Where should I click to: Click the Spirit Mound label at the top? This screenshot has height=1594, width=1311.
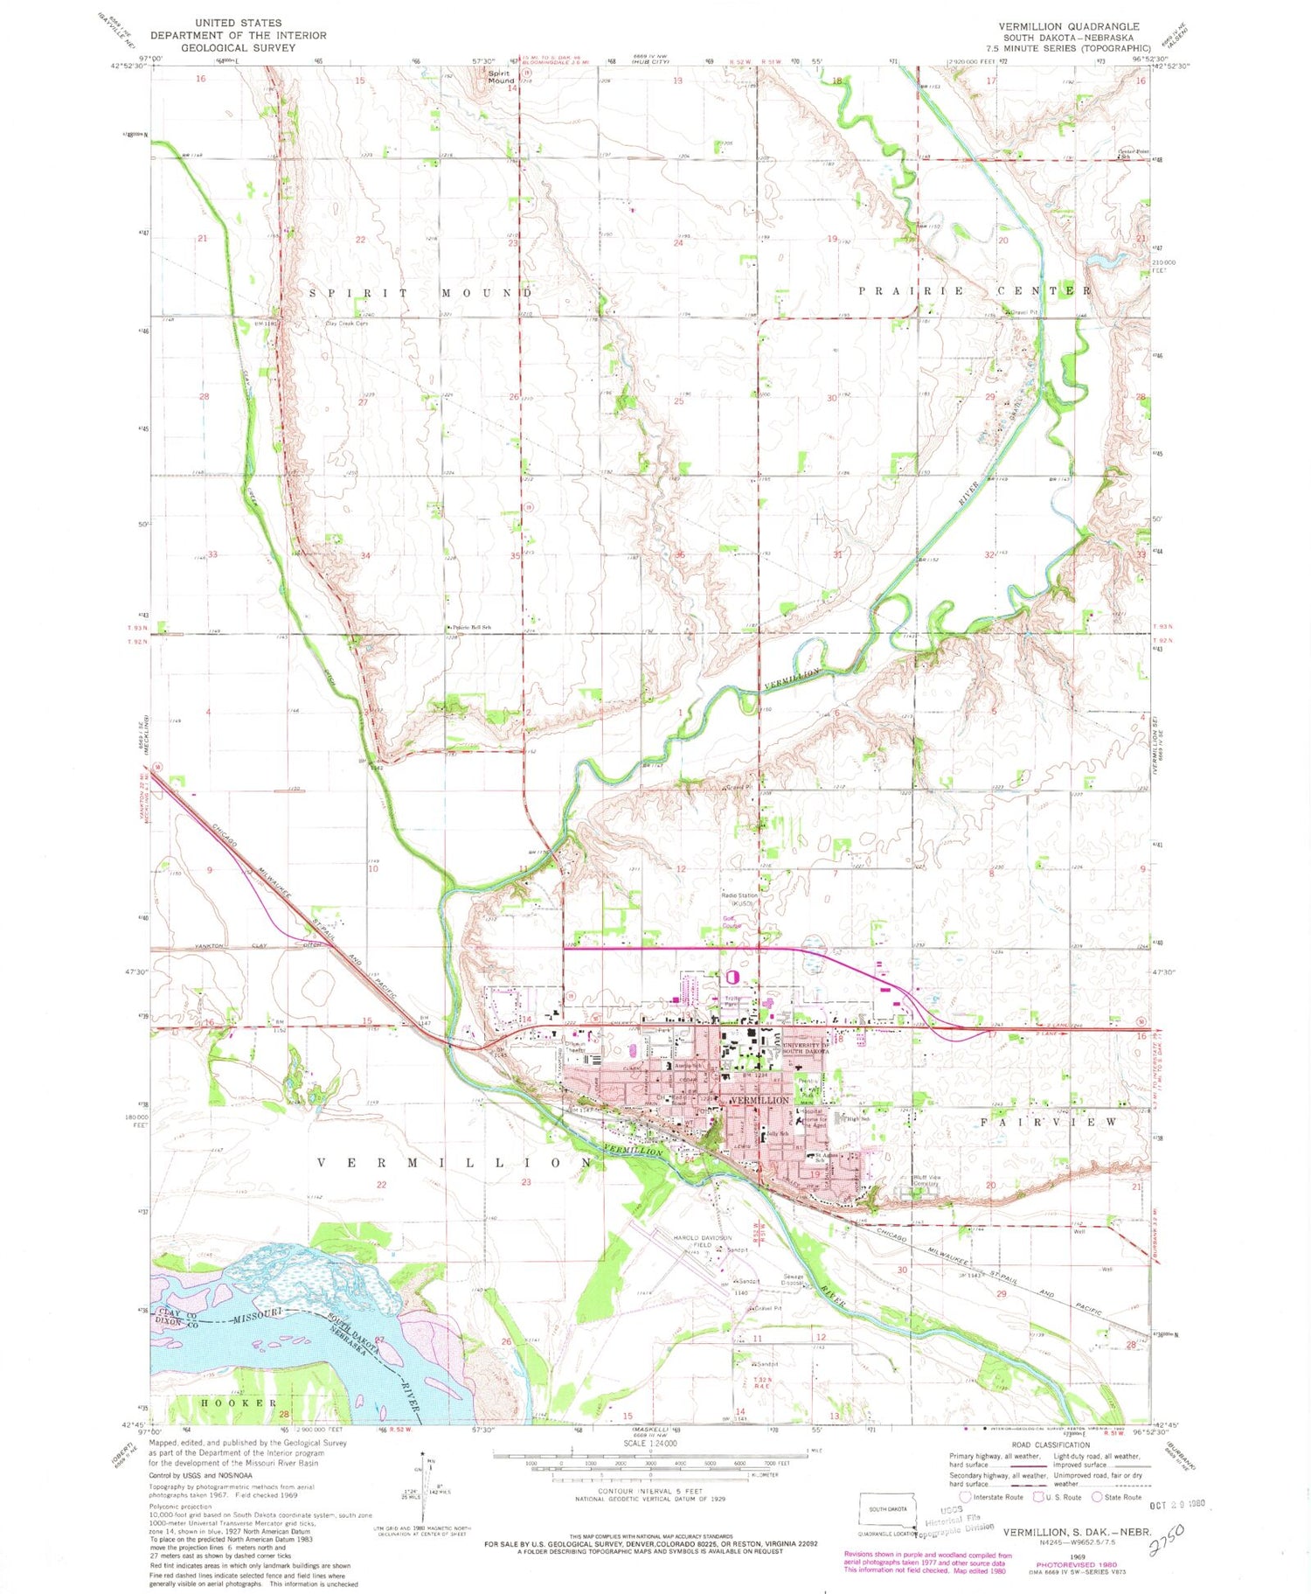tap(501, 77)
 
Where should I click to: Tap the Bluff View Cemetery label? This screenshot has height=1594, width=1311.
tap(926, 1181)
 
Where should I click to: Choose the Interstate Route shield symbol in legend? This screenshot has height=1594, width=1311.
tap(965, 1496)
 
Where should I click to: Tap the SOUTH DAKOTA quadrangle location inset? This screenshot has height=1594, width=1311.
tap(889, 1509)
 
